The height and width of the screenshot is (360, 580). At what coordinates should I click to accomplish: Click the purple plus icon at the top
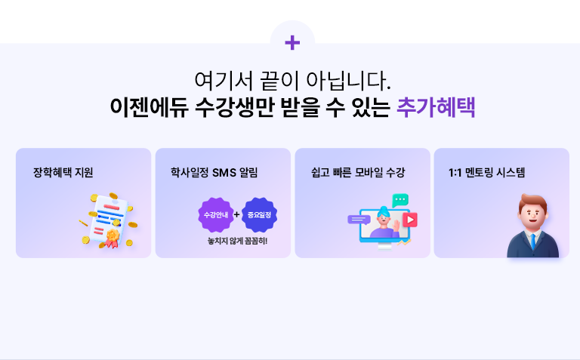[292, 43]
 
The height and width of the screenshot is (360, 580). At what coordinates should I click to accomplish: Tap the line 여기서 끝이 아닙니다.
[292, 79]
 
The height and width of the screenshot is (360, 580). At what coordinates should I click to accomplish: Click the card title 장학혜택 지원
[63, 172]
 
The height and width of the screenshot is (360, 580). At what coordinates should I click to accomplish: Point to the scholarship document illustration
[109, 219]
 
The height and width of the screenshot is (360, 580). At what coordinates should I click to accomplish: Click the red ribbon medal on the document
[113, 238]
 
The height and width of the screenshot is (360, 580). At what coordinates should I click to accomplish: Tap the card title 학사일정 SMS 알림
[214, 172]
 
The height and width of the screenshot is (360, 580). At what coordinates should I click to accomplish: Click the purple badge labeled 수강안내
[215, 215]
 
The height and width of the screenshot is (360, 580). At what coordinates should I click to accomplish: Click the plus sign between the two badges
[237, 214]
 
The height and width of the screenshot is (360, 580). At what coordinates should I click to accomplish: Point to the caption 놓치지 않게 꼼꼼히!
[237, 242]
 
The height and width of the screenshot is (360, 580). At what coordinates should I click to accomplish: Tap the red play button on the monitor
[409, 220]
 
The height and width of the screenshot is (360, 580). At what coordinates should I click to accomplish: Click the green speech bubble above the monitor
[400, 200]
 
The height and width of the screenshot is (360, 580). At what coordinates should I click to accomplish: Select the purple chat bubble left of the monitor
[357, 219]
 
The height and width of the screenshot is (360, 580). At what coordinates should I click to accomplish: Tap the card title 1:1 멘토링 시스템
[487, 172]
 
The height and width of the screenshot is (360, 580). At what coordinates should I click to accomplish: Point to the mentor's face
[533, 214]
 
